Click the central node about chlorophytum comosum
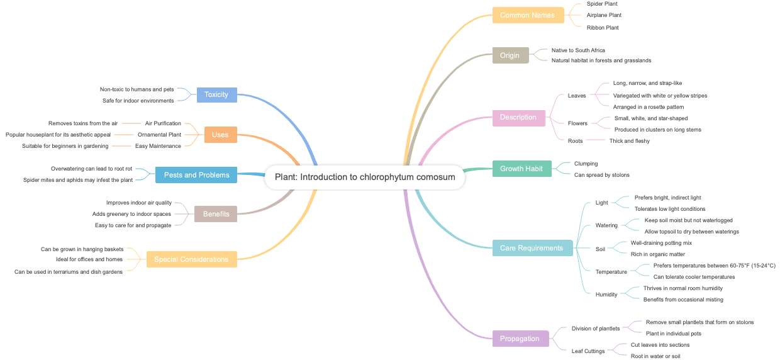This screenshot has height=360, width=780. tap(365, 177)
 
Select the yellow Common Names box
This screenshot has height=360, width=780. tap(527, 15)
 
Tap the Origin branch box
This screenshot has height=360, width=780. tap(510, 55)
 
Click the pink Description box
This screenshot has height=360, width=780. tap(518, 117)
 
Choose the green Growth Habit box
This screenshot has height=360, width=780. tap(521, 169)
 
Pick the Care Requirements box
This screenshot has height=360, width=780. tap(532, 248)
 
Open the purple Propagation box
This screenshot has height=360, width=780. tap(520, 339)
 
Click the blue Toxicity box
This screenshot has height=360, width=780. tap(216, 94)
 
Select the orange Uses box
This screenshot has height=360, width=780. tap(220, 135)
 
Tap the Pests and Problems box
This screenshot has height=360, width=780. tap(196, 175)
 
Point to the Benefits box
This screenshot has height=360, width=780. tap(216, 214)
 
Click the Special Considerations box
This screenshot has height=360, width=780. tap(191, 259)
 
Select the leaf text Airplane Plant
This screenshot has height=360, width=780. tap(604, 15)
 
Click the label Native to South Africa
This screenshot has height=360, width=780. tap(578, 50)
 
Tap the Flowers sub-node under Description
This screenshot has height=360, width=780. tap(577, 123)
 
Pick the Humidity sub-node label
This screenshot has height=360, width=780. tap(607, 294)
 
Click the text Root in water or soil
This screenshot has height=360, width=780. tap(655, 356)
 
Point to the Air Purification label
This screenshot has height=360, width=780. tap(163, 123)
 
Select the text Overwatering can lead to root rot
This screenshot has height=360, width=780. tap(92, 169)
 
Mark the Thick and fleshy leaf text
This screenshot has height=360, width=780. tap(629, 141)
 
